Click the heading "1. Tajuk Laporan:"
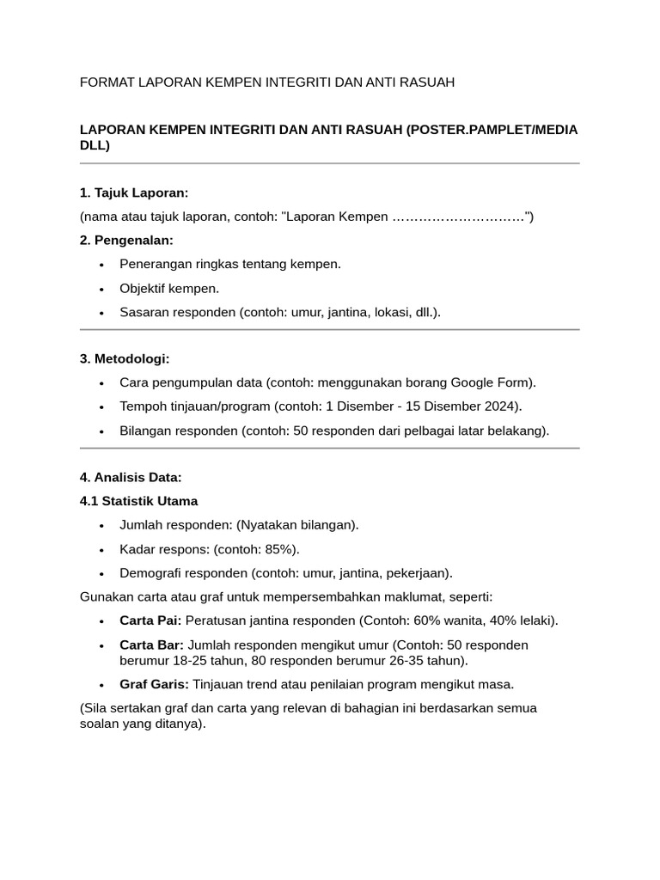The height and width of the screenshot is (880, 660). pyautogui.click(x=133, y=192)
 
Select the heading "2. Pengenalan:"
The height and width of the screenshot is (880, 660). pyautogui.click(x=126, y=240)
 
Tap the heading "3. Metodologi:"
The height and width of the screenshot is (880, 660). pyautogui.click(x=125, y=358)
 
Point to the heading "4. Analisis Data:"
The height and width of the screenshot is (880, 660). pyautogui.click(x=131, y=477)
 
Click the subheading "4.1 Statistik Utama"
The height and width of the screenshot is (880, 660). pyautogui.click(x=138, y=500)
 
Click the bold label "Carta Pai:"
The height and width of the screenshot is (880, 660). pyautogui.click(x=150, y=620)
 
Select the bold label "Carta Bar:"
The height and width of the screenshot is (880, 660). pyautogui.click(x=151, y=645)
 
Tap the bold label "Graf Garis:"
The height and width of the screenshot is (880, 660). pyautogui.click(x=155, y=684)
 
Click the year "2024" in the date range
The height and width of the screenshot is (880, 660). pyautogui.click(x=503, y=406)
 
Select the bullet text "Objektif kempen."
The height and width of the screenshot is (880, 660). pyautogui.click(x=169, y=288)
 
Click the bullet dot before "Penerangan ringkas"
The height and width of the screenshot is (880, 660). pyautogui.click(x=101, y=265)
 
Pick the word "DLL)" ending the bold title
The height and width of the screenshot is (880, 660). pyautogui.click(x=95, y=145)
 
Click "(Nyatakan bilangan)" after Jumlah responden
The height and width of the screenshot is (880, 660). pyautogui.click(x=298, y=524)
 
